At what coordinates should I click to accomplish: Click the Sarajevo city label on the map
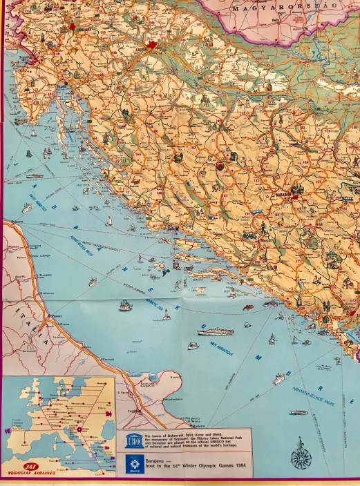click(x=284, y=195)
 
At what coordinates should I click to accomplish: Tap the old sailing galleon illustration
click(x=125, y=304)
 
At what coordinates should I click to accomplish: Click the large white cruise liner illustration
click(x=215, y=332)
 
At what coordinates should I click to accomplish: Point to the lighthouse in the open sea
click(x=166, y=314)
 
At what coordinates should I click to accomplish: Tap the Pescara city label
click(x=55, y=320)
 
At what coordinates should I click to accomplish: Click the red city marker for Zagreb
click(x=156, y=48)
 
